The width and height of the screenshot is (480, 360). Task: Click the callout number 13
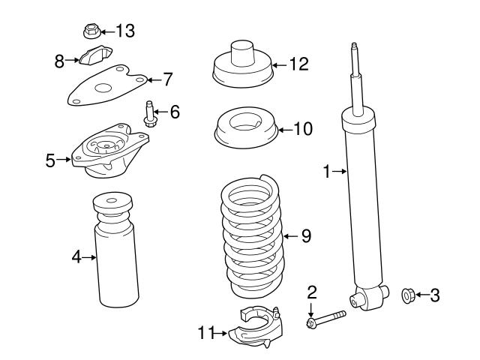pos(124,31)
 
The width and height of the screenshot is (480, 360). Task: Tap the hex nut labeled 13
pos(91,31)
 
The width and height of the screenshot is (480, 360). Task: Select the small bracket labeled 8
pos(94,57)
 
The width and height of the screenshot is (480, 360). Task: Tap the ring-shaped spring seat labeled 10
pos(246,128)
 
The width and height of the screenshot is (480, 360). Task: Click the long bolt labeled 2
pos(325,319)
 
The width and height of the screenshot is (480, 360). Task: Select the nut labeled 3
pos(409,295)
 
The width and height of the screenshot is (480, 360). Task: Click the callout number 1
pos(327,172)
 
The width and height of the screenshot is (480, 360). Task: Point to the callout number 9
pos(305,236)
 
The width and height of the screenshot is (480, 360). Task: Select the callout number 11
pos(206,331)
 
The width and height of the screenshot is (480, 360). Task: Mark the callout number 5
pos(51,160)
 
